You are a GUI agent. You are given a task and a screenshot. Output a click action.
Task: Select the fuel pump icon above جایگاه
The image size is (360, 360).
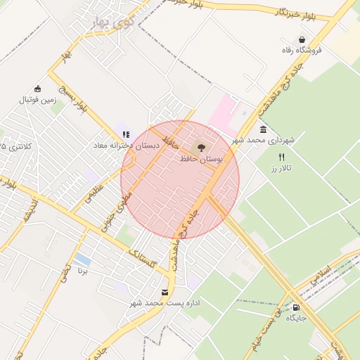point(295,307)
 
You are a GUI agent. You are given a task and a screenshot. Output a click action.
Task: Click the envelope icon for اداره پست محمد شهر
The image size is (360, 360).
point(165,292)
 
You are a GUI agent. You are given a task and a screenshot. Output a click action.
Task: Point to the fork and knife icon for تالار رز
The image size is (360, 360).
point(282,157)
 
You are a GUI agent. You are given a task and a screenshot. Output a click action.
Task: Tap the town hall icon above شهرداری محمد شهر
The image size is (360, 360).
point(263,130)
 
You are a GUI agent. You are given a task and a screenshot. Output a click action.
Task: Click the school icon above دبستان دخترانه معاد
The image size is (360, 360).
point(126,134)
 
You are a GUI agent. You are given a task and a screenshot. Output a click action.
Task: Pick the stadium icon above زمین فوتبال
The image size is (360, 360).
point(37,89)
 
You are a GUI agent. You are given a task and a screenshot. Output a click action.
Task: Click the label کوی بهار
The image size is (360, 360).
point(112,22)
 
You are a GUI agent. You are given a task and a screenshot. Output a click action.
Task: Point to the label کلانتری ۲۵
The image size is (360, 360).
point(15,146)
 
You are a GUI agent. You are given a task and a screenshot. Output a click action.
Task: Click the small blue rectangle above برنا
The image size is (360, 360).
point(82,259)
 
